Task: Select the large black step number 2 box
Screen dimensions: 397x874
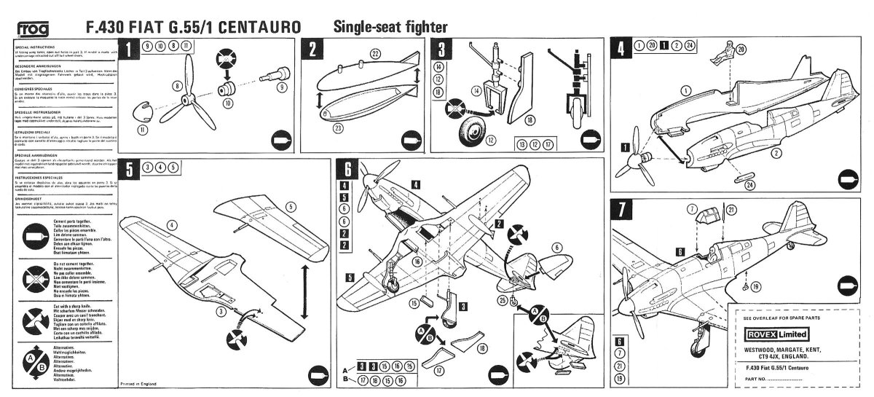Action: click(312, 50)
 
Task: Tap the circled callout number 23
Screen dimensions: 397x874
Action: click(377, 128)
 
